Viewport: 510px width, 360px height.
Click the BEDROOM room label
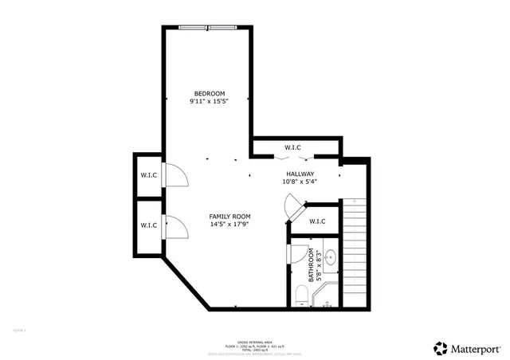pos(210,92)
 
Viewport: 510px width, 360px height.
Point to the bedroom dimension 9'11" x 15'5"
pos(210,102)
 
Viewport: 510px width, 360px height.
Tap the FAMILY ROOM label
pos(230,217)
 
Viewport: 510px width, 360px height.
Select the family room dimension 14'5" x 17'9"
pos(230,225)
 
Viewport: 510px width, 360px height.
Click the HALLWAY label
pos(300,174)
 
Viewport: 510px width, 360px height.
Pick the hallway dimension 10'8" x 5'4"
pos(300,182)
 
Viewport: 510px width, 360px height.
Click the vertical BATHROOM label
pos(313,266)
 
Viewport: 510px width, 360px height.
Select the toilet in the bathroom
pos(301,296)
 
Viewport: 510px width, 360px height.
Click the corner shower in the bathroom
pos(327,299)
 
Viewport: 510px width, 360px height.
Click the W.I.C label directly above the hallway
pos(292,148)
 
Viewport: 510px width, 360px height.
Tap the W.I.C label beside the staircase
pos(317,222)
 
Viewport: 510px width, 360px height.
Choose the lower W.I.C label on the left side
pos(148,226)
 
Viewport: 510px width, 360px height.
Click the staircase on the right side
pos(355,251)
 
